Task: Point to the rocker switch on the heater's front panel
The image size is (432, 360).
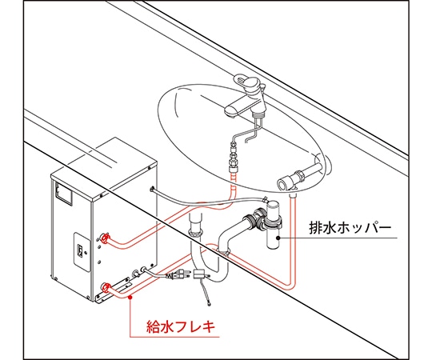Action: (79, 249)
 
